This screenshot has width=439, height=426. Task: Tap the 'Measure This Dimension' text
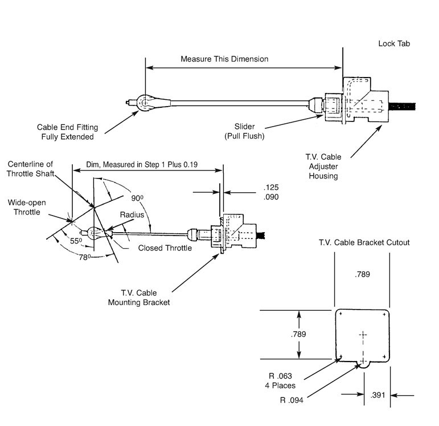[224, 59]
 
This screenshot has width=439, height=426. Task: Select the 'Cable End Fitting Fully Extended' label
[65, 132]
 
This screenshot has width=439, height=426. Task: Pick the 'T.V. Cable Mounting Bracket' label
[139, 298]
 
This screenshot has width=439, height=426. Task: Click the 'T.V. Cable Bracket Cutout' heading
[365, 242]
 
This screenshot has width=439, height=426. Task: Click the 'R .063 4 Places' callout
[280, 380]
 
